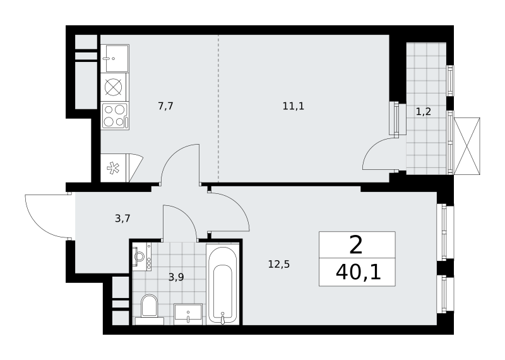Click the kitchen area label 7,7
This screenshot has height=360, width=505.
pyautogui.click(x=166, y=105)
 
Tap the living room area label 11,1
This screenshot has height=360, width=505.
pyautogui.click(x=294, y=105)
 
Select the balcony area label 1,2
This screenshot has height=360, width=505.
pyautogui.click(x=423, y=112)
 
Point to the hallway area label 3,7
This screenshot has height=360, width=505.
pyautogui.click(x=122, y=219)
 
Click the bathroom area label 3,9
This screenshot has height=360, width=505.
pyautogui.click(x=176, y=277)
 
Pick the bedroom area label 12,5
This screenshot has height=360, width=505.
pyautogui.click(x=279, y=264)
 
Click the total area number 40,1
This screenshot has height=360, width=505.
pyautogui.click(x=358, y=273)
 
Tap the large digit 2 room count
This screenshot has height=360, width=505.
pyautogui.click(x=356, y=245)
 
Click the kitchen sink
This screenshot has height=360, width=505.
pyautogui.click(x=115, y=58)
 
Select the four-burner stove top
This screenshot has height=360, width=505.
pyautogui.click(x=115, y=116)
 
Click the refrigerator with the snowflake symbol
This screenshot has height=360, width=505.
pyautogui.click(x=121, y=168)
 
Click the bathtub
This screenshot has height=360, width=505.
pyautogui.click(x=222, y=284)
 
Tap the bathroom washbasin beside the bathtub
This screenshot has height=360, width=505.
pyautogui.click(x=188, y=314)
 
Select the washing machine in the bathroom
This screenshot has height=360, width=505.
pyautogui.click(x=141, y=257)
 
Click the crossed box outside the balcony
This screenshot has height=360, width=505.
pyautogui.click(x=466, y=146)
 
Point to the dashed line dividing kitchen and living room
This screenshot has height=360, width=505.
pyautogui.click(x=218, y=108)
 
